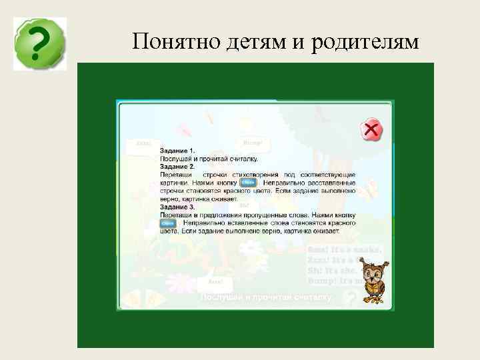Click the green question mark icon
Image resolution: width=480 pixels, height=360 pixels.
click(40, 44)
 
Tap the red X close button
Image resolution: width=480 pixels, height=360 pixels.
click(371, 130)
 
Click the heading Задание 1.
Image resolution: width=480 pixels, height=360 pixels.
click(177, 151)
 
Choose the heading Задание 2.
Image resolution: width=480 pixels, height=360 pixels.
click(177, 166)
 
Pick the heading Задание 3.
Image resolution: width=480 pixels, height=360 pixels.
click(177, 207)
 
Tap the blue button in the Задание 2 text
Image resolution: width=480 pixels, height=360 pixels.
click(248, 182)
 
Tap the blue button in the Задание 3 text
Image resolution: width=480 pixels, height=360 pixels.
click(168, 223)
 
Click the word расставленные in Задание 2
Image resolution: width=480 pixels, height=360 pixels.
click(331, 182)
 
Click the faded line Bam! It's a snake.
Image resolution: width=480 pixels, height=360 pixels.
click(344, 249)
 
